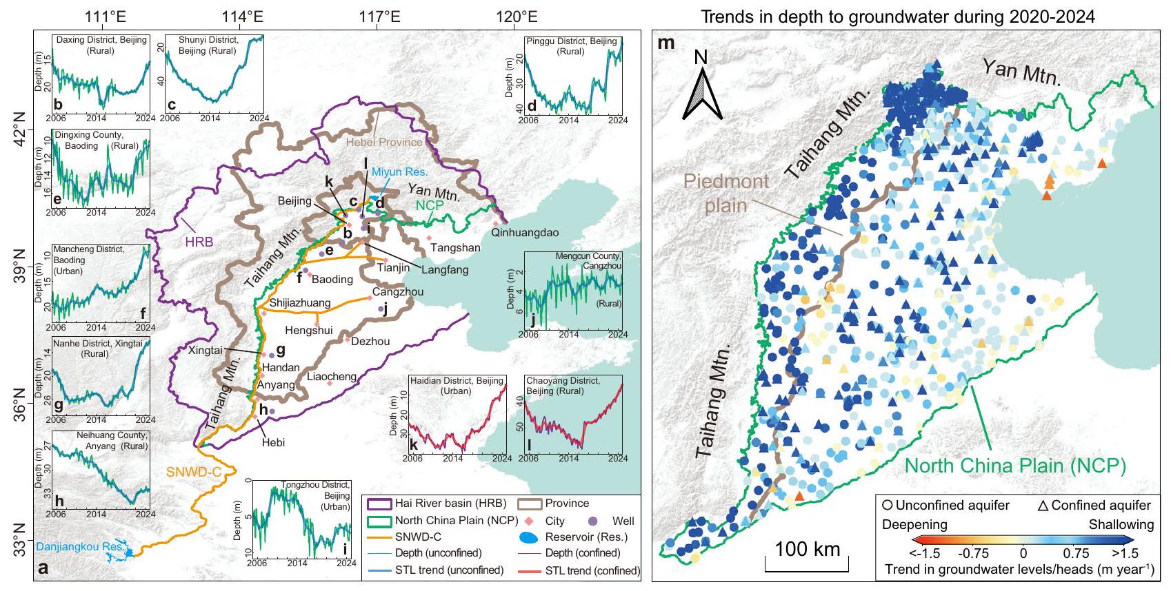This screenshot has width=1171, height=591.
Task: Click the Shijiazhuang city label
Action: pos(300,302)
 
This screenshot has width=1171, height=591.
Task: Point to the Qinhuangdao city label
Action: pos(525,233)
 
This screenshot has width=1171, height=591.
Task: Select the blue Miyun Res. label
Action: pos(399,172)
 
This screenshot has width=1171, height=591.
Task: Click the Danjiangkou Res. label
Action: pos(80,547)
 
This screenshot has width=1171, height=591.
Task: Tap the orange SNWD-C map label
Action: pos(194,472)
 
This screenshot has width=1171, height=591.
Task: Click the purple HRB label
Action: pos(199,242)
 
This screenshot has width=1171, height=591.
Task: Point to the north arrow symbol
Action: pos(701,90)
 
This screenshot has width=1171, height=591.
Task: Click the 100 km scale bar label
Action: pos(808,549)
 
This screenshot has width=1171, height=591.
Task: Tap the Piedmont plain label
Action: pos(726,193)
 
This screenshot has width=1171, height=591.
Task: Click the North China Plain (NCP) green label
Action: pos(1014,466)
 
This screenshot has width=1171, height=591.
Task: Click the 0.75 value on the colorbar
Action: pos(1076,553)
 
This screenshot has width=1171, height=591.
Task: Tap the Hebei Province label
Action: pos(384,142)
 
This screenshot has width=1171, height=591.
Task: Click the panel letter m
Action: pos(666,43)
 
